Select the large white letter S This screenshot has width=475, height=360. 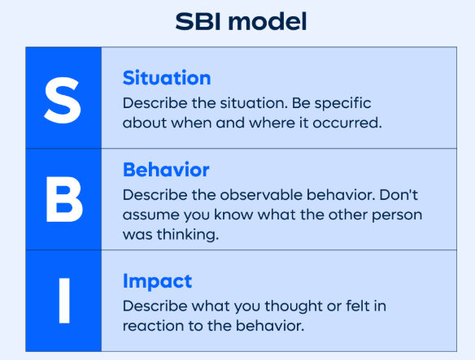click(63, 99)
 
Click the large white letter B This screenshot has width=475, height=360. click(63, 199)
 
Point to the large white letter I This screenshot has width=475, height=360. click(63, 301)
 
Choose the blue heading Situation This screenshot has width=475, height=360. click(167, 79)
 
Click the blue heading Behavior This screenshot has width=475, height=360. click(166, 171)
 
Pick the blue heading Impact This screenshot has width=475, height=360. click(157, 281)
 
